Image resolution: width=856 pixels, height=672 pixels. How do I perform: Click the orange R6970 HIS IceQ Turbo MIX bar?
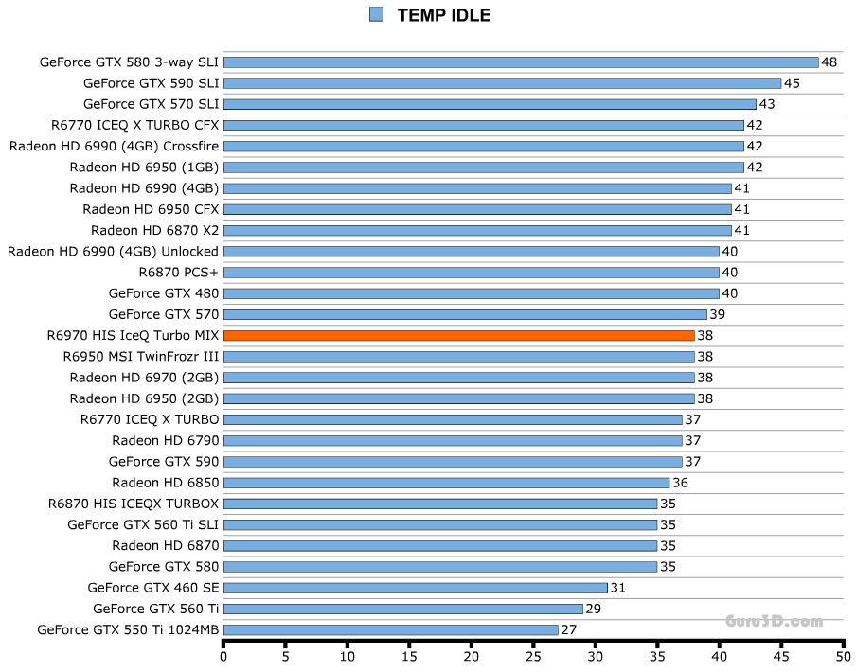tap(459, 335)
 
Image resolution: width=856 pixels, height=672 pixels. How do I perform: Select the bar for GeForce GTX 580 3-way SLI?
tap(521, 62)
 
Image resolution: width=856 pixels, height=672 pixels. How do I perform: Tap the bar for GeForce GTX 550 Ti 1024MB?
tap(390, 629)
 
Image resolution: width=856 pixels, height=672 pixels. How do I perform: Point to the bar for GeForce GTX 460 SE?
tap(415, 588)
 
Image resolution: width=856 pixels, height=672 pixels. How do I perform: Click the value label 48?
tap(829, 62)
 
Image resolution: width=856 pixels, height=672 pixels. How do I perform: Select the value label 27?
tap(568, 629)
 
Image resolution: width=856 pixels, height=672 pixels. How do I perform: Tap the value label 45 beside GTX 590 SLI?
tap(792, 83)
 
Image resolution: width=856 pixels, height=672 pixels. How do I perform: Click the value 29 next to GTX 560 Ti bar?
tap(593, 609)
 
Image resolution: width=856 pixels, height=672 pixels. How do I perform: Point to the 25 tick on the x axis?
tap(533, 655)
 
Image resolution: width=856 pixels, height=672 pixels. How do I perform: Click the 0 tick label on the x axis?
tap(223, 655)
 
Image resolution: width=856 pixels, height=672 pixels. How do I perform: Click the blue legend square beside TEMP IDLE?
tap(376, 14)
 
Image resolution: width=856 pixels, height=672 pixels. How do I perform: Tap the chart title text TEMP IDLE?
tap(444, 15)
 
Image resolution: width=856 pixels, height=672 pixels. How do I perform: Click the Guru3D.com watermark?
tap(774, 622)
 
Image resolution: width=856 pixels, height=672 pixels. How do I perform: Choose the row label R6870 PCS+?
tap(178, 273)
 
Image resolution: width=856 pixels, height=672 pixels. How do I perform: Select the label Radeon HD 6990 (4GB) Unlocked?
tap(113, 252)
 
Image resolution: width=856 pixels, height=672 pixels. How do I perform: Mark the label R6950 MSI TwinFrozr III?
tap(141, 357)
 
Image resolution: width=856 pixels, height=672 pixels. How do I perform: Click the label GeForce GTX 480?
tap(164, 293)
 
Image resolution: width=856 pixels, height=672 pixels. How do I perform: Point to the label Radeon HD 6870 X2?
tap(155, 230)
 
